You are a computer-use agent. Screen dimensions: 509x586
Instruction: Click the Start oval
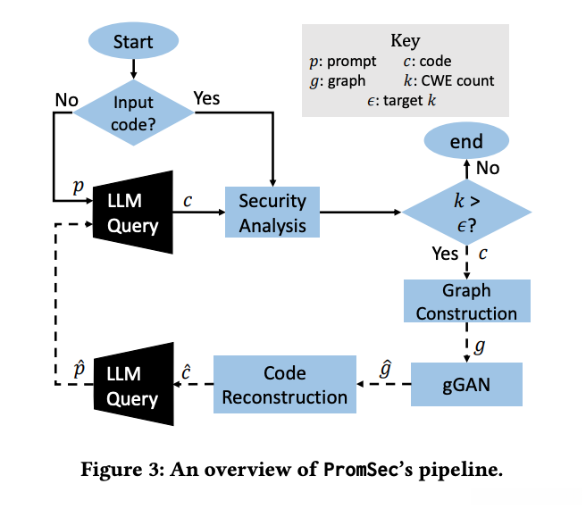[132, 40]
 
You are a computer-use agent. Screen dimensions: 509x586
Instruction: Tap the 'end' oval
[466, 141]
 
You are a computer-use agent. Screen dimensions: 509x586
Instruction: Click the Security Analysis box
[272, 213]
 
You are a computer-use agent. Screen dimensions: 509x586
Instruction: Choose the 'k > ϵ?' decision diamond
[466, 213]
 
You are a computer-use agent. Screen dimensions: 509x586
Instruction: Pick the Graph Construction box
[466, 302]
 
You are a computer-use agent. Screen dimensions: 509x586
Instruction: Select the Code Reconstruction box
[284, 385]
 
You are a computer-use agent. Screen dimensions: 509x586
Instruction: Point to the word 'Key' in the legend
[405, 41]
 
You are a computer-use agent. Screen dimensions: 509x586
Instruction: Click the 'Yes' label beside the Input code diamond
[206, 97]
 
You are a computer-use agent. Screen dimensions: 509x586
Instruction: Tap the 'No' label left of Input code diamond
[66, 99]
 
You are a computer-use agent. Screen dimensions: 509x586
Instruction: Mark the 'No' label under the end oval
[488, 168]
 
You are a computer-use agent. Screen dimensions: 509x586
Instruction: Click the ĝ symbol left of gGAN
[386, 366]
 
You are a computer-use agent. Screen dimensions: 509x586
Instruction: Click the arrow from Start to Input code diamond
[132, 67]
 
